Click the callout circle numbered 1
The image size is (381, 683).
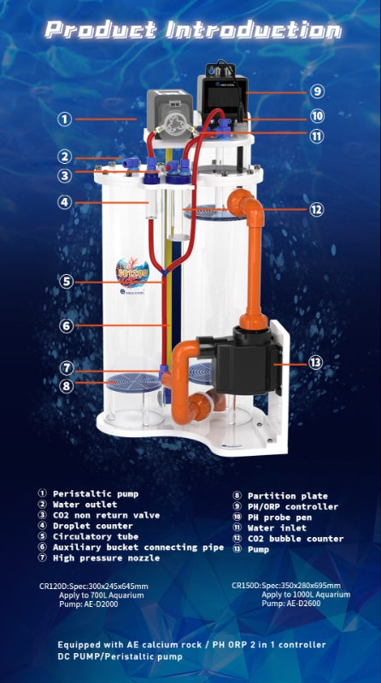64,120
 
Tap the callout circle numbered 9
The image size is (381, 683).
317,91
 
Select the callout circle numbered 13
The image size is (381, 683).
315,363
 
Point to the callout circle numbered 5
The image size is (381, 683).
65,281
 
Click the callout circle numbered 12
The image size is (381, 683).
317,209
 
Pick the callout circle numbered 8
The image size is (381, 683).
65,384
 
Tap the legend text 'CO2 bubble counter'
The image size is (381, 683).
295,539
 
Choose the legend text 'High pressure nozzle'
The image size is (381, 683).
106,557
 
